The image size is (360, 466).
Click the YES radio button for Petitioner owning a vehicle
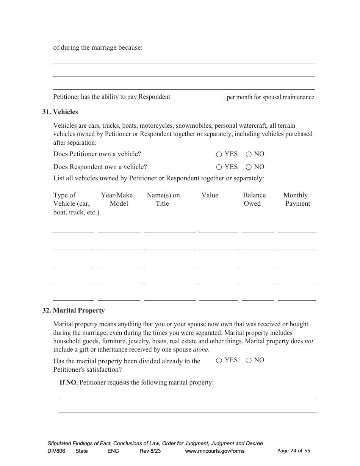tap(219, 154)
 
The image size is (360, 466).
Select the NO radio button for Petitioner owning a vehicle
tap(249, 154)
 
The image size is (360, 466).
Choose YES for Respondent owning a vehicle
tap(219, 167)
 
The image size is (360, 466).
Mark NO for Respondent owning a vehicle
tap(249, 167)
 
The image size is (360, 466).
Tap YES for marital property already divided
tap(219, 360)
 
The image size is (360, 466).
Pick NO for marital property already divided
tap(249, 360)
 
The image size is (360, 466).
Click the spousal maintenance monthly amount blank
tap(198, 98)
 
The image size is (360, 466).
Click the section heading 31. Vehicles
tap(60, 112)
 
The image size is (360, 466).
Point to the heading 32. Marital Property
tap(73, 310)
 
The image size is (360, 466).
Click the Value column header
tap(210, 195)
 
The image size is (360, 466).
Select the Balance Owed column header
tap(254, 199)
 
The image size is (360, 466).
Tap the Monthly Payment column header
tap(297, 199)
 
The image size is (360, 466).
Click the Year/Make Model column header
tap(117, 199)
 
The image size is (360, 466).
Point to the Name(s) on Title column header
tap(163, 199)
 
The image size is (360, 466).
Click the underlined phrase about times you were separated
tap(165, 333)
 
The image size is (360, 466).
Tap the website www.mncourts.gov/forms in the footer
tap(214, 451)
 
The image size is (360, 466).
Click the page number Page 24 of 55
tap(294, 451)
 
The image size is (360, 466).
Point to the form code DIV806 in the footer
tap(56, 451)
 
